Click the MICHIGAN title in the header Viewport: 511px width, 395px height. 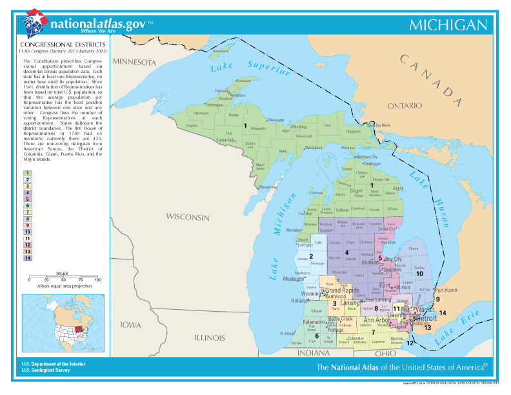tap(448, 25)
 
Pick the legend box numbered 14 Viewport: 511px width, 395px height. tap(28, 258)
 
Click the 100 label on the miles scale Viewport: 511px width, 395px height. tap(97, 279)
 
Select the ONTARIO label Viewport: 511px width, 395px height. tap(405, 105)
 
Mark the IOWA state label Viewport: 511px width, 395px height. tap(134, 324)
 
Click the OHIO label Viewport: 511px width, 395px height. tap(385, 353)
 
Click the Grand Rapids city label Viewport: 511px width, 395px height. tap(342, 290)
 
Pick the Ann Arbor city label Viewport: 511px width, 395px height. tap(376, 320)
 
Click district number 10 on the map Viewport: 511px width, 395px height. tap(419, 273)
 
